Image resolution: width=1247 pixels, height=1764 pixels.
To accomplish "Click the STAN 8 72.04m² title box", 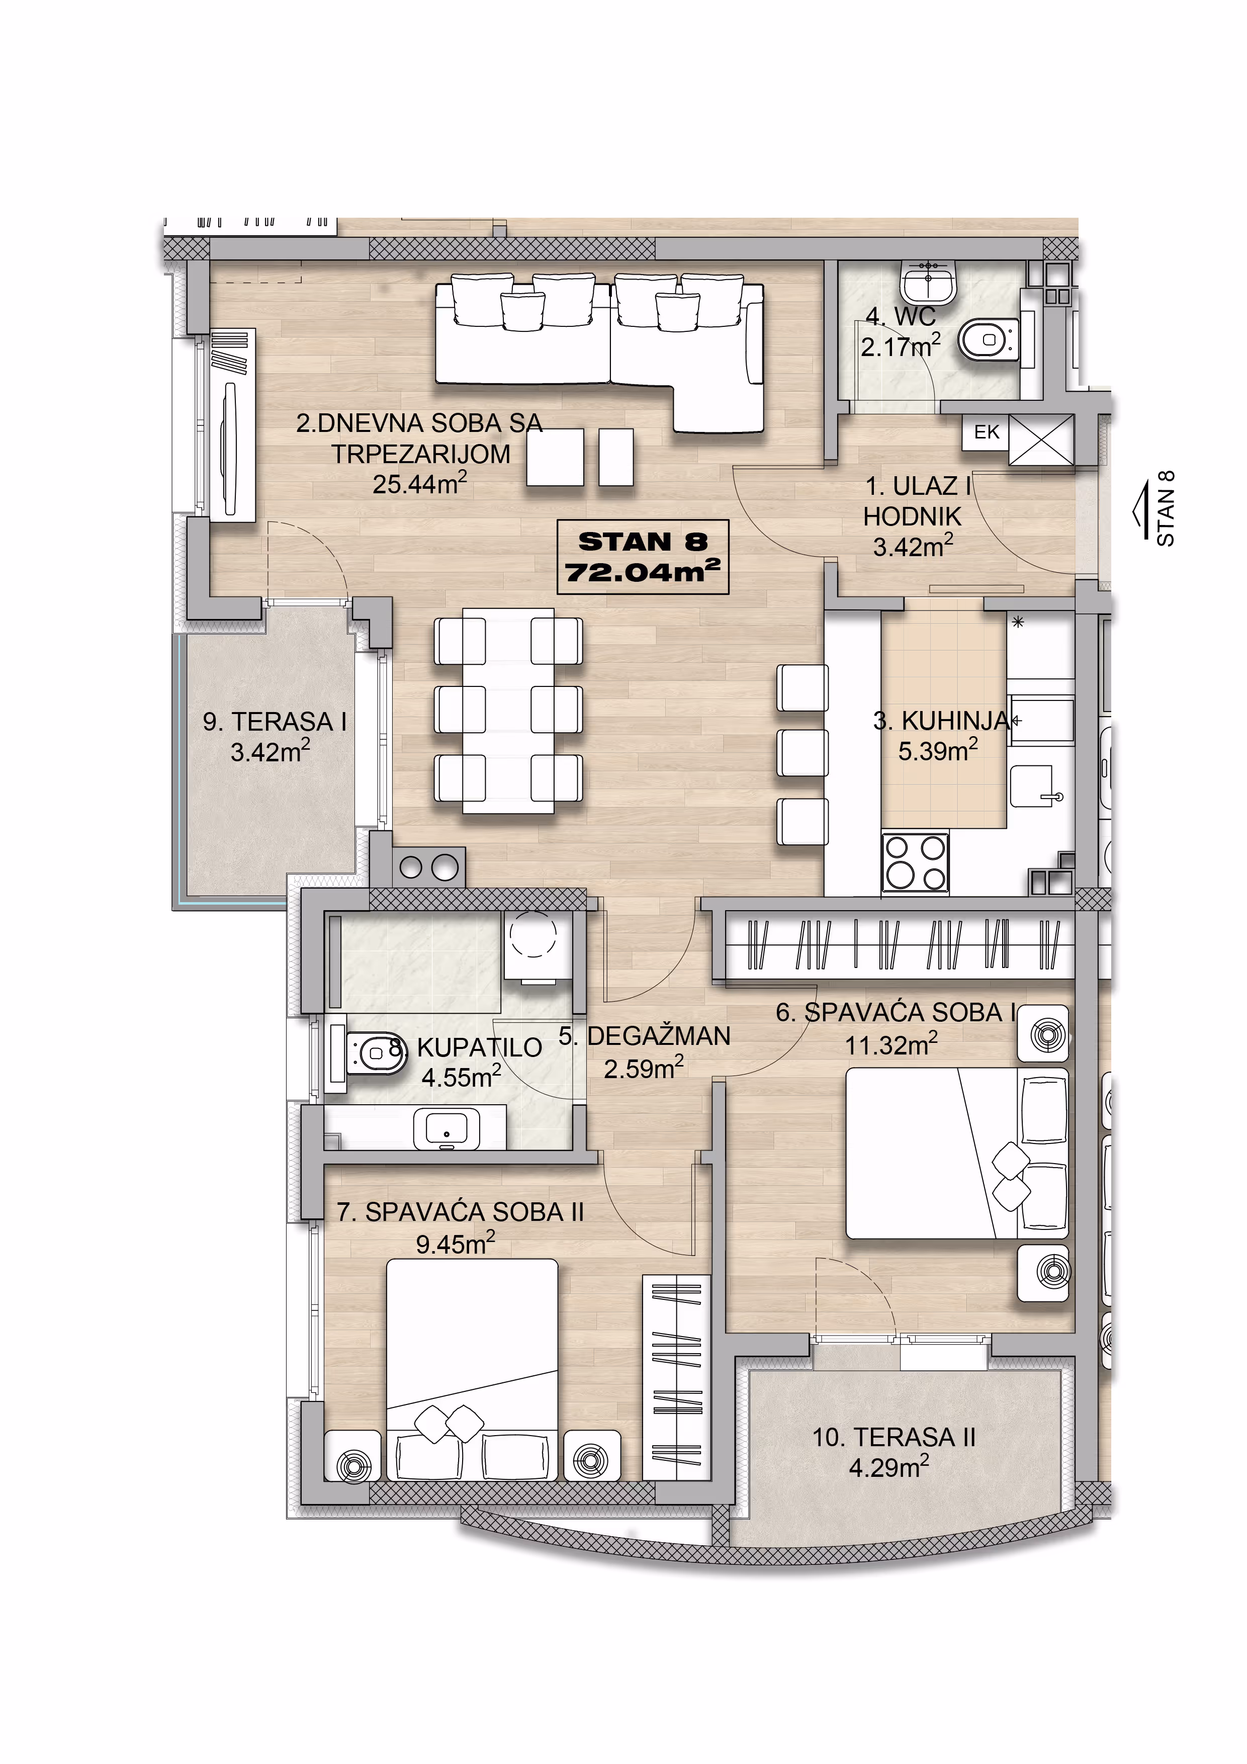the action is pos(642,556).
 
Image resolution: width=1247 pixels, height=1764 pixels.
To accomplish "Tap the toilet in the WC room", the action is pos(990,340).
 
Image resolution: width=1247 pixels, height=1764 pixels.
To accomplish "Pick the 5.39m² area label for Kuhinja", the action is pos(938,749).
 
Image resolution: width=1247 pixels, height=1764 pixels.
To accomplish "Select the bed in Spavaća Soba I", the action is pos(956,1153).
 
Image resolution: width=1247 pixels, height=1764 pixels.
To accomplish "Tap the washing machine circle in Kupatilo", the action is pos(532,934).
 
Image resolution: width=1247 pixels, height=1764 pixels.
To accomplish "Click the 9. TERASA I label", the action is pos(275,722).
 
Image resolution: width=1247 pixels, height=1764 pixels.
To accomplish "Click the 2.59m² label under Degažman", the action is pos(643,1069).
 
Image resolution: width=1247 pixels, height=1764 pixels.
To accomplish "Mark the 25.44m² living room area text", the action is pos(419,484).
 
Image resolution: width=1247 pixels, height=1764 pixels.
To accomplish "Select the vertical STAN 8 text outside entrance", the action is pos(1165,508).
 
